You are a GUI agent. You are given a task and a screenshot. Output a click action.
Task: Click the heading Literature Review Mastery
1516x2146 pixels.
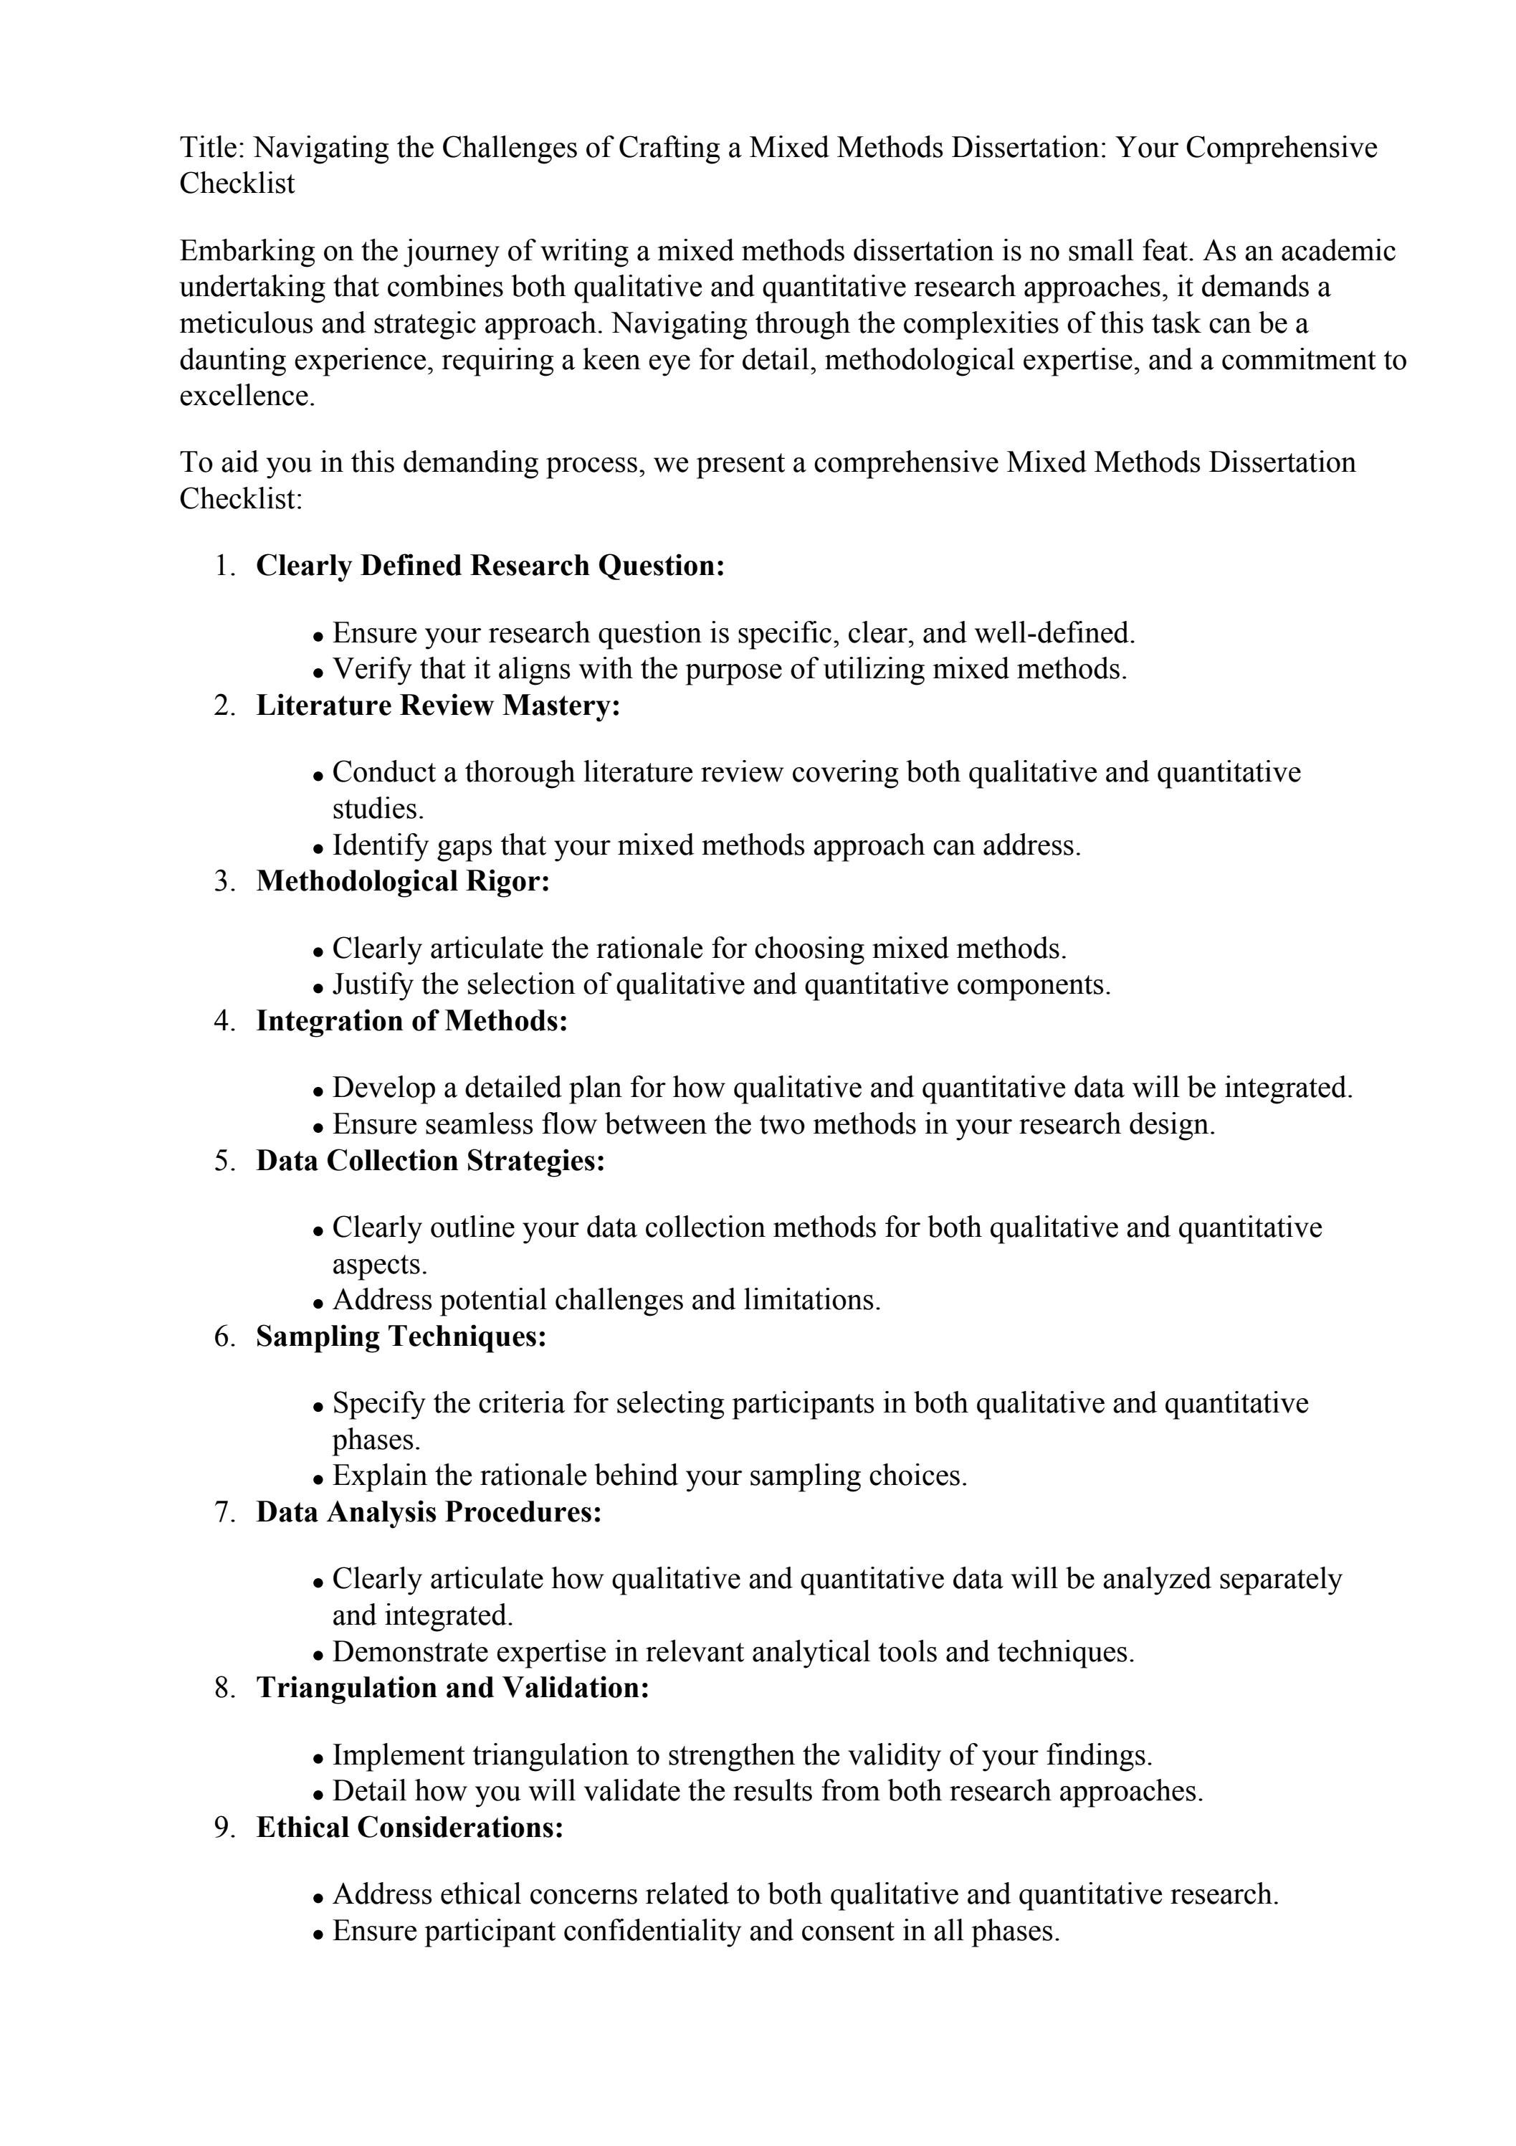pos(437,706)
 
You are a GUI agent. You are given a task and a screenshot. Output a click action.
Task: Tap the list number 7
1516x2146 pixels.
pos(224,1512)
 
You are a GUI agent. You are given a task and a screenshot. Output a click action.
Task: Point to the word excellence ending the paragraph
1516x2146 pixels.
pos(246,397)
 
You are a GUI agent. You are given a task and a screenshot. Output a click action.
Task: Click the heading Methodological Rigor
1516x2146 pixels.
pos(403,881)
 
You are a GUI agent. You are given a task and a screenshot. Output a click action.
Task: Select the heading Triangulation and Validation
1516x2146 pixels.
pos(452,1688)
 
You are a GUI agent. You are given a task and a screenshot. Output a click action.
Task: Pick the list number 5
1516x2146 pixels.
pos(224,1161)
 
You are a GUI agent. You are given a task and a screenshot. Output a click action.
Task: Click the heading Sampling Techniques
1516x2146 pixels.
pos(401,1336)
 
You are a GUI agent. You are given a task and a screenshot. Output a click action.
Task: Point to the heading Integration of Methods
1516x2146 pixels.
pos(411,1021)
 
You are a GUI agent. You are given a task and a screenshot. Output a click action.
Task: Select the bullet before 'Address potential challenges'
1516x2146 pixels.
pos(319,1303)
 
